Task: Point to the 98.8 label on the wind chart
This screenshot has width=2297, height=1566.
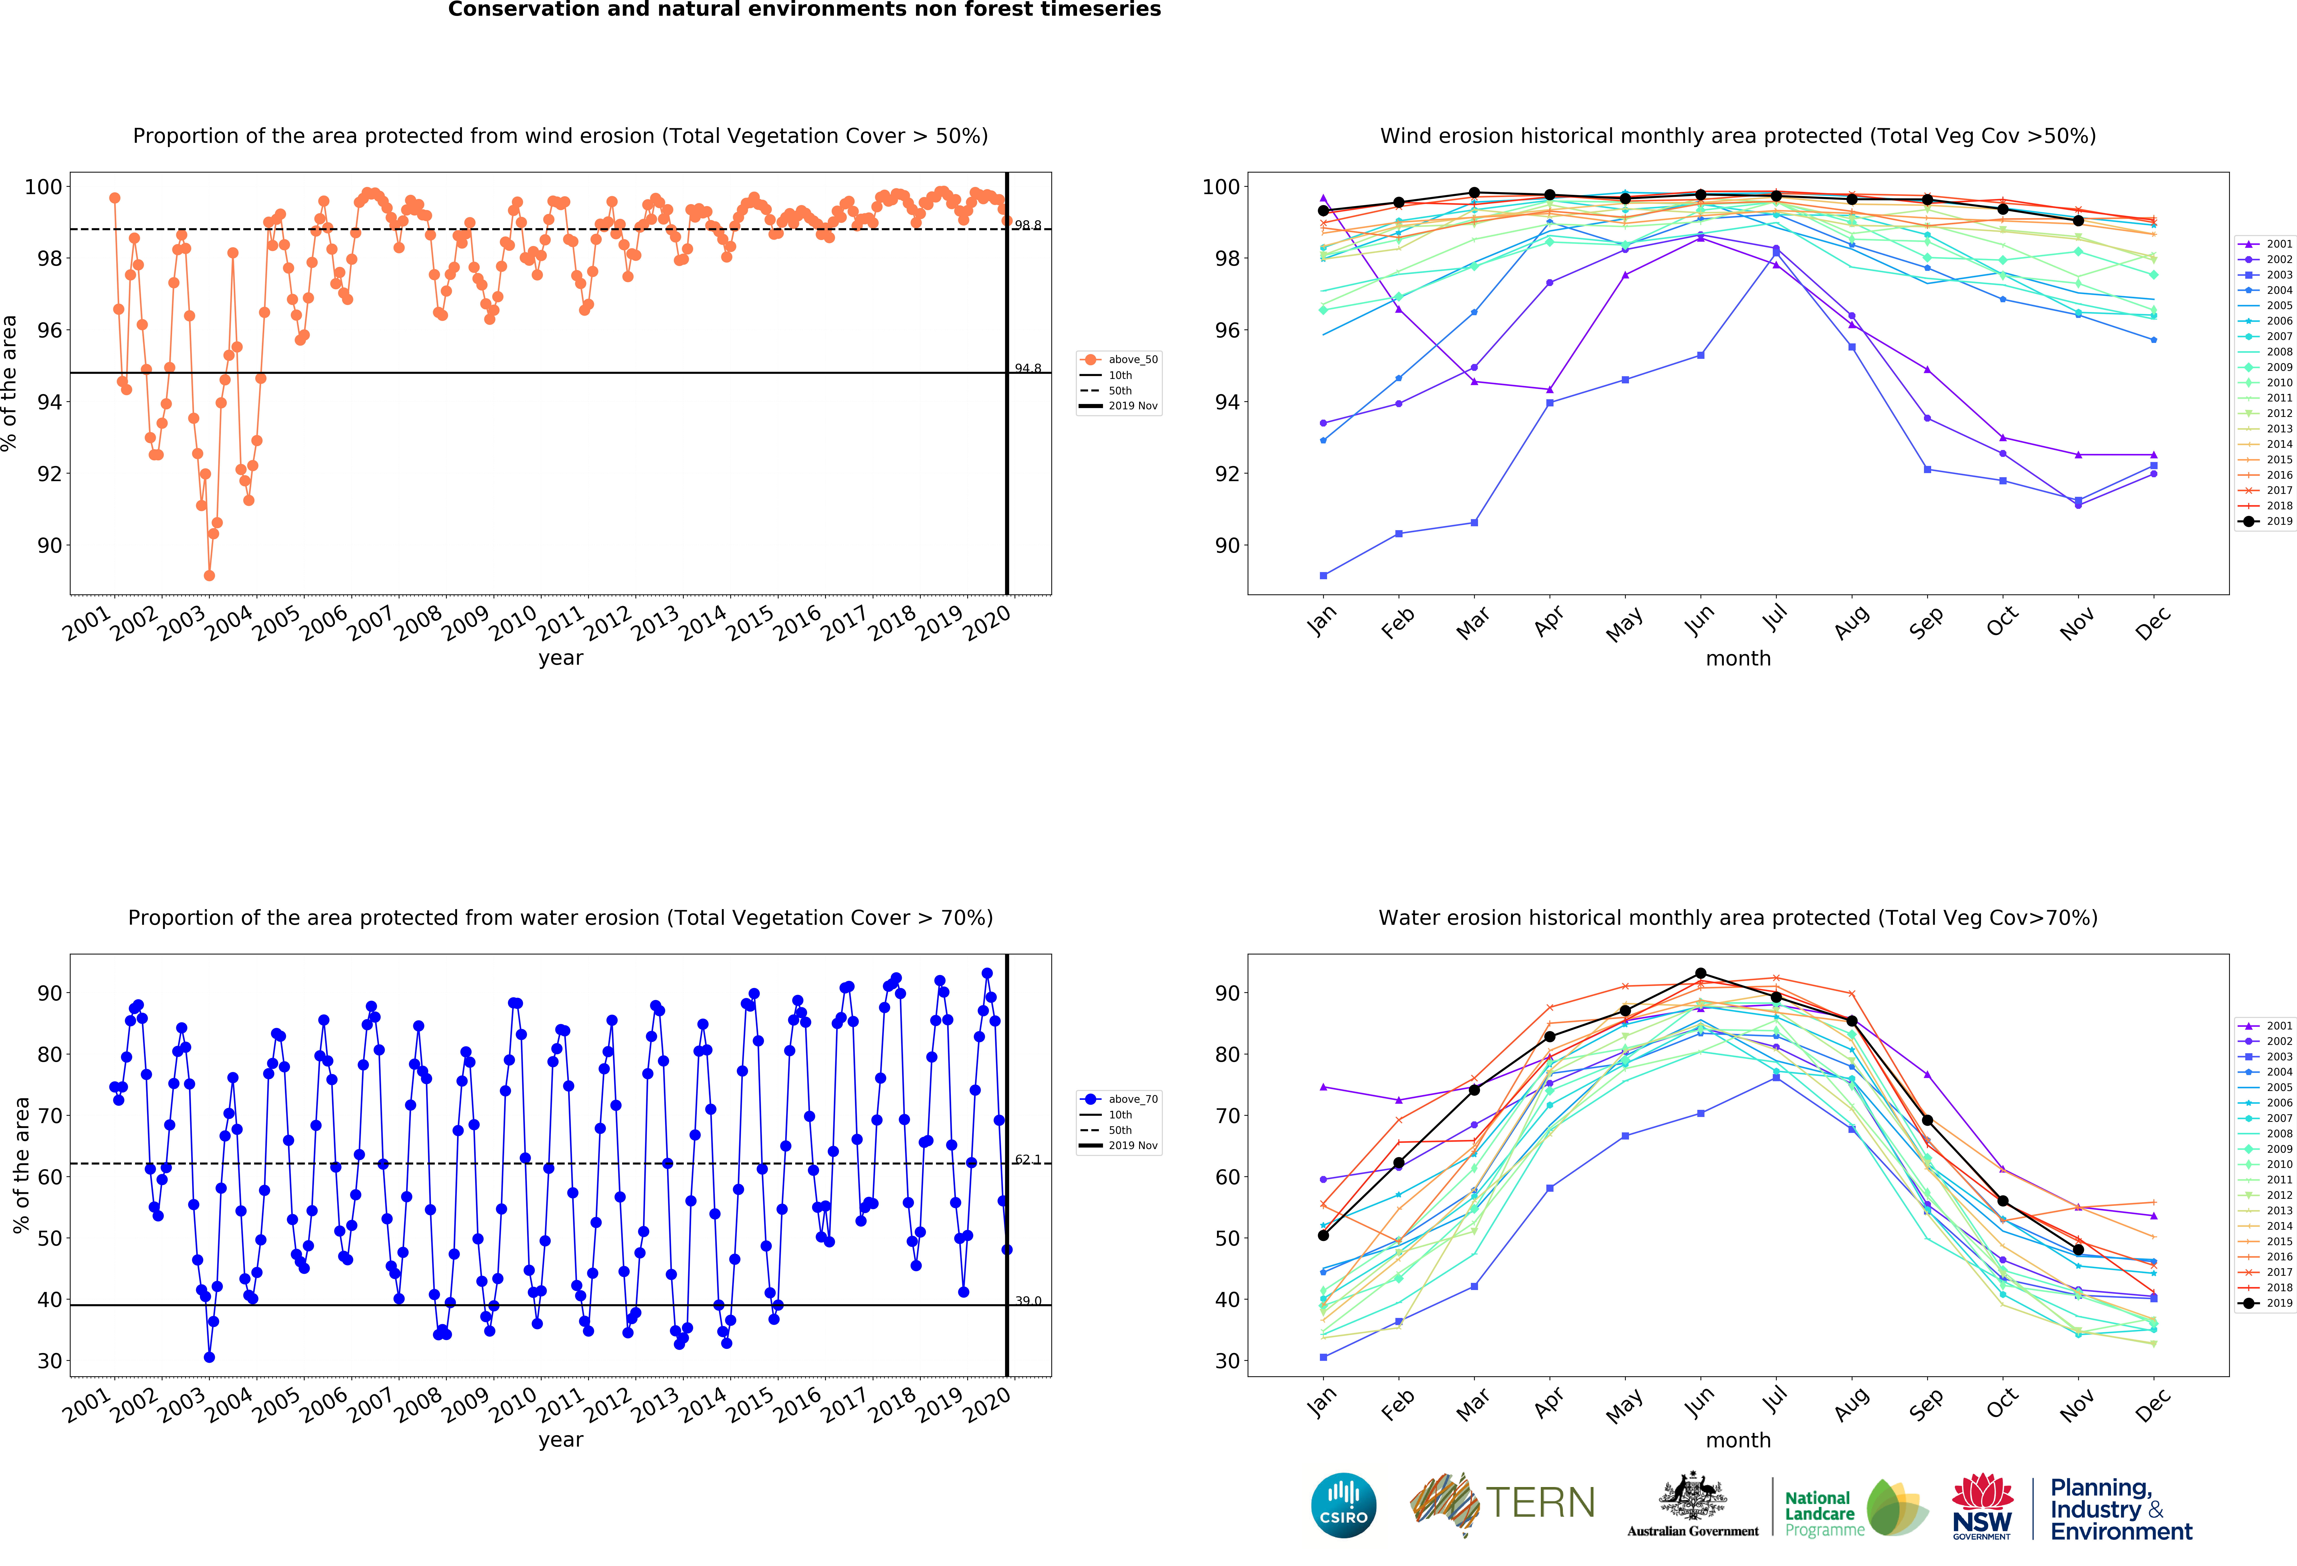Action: [x=1028, y=226]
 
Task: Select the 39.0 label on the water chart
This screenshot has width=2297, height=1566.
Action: [x=1028, y=1301]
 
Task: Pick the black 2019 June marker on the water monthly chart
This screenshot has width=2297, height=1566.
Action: [x=1701, y=974]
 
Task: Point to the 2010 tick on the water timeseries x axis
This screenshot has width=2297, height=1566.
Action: [x=514, y=1404]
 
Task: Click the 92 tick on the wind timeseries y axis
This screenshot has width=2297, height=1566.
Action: [x=50, y=474]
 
